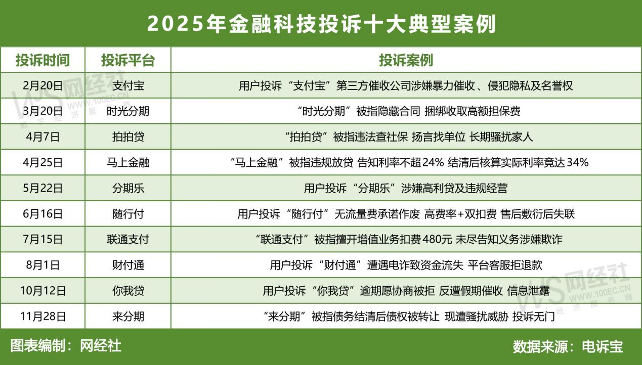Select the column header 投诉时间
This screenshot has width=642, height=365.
click(x=42, y=60)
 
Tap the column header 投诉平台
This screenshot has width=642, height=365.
click(x=128, y=60)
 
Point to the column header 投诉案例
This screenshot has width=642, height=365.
click(x=406, y=60)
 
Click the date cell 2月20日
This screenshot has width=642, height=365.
click(x=43, y=85)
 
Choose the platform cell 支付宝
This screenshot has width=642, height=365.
click(x=128, y=85)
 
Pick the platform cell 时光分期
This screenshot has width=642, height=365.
click(x=128, y=111)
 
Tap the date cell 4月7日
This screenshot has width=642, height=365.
click(x=43, y=137)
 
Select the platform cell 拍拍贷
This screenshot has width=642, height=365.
click(x=128, y=137)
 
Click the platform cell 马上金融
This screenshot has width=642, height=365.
click(x=128, y=163)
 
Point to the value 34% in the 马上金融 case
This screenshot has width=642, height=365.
click(x=577, y=163)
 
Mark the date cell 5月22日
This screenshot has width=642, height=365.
click(x=43, y=189)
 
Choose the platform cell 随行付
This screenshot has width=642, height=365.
click(x=128, y=214)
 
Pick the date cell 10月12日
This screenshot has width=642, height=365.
click(x=43, y=291)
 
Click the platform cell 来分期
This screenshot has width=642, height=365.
click(x=128, y=317)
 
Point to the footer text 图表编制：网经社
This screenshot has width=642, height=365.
click(x=66, y=346)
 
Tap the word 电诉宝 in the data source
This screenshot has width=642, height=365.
click(x=603, y=347)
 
